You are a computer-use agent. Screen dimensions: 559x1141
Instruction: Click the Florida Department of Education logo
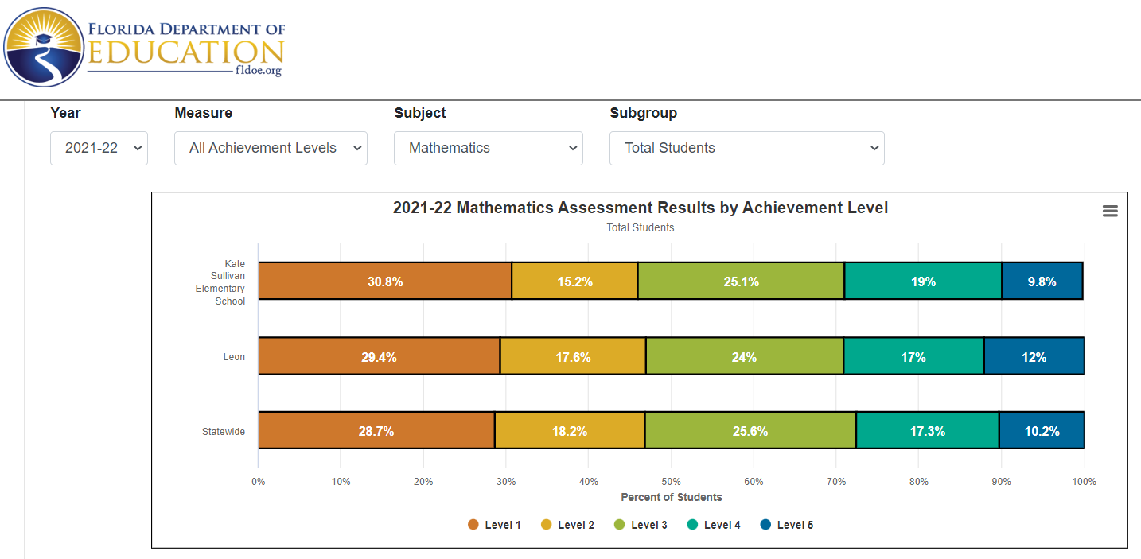point(143,48)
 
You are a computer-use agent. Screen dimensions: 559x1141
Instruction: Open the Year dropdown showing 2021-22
point(99,148)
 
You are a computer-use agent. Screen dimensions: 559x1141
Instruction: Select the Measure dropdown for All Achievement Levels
point(271,148)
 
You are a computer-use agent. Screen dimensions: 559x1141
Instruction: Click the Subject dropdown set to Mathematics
point(488,148)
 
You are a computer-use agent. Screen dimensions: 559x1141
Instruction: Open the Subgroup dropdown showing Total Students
point(746,148)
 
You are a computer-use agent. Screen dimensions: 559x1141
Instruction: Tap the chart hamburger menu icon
point(1110,211)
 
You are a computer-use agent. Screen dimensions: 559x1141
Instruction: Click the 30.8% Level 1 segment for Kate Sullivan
point(385,281)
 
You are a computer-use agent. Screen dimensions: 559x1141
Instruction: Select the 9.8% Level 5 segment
point(1042,281)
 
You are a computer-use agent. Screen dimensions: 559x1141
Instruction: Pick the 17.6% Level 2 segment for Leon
point(573,357)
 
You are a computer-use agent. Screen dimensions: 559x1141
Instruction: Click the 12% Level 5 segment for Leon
point(1034,357)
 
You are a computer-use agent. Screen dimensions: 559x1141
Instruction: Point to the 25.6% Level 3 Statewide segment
point(750,431)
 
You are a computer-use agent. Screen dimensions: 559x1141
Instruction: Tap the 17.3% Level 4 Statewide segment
point(927,431)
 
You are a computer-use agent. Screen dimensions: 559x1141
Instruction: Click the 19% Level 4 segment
point(923,281)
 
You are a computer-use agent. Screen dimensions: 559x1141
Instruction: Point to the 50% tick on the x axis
point(671,481)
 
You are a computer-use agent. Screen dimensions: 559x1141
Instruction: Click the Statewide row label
point(223,432)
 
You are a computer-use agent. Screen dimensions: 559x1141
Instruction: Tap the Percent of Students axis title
point(671,497)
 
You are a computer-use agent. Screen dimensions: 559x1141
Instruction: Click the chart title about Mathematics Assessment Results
point(640,208)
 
